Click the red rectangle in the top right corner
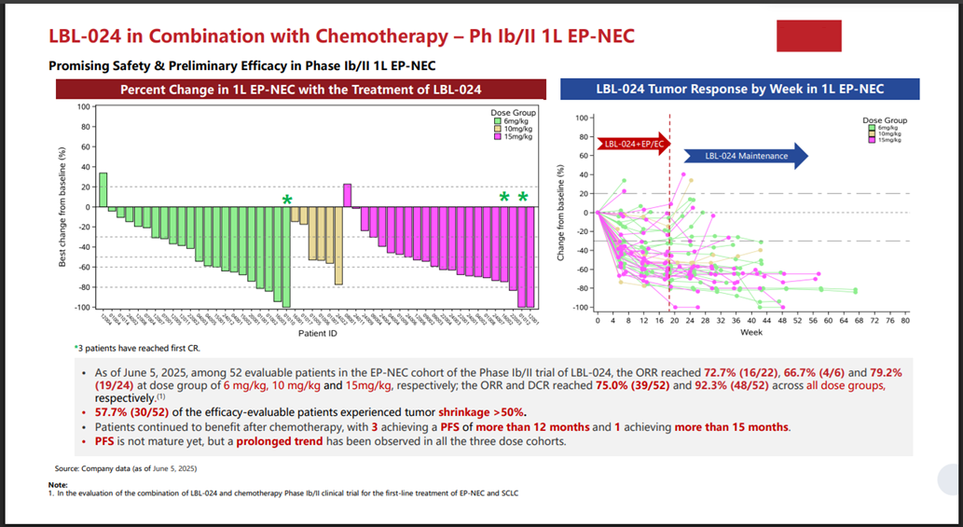click(809, 35)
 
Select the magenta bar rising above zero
click(347, 195)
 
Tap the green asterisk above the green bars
click(287, 200)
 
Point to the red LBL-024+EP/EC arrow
click(631, 144)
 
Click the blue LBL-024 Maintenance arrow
click(746, 156)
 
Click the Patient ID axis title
click(317, 333)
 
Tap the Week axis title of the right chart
click(751, 331)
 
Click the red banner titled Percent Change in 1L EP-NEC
click(300, 90)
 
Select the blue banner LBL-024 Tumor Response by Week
click(739, 90)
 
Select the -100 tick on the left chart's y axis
click(84, 308)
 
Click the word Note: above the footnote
click(57, 485)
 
